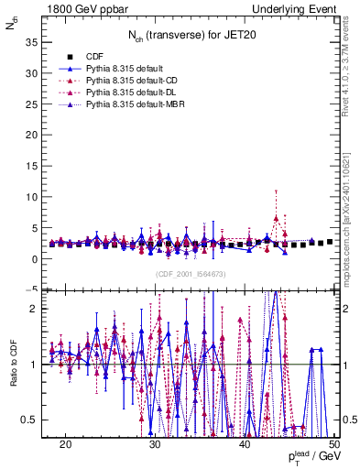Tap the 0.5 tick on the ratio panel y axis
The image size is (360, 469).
pos(30,420)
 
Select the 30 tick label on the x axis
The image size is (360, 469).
pos(155,444)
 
